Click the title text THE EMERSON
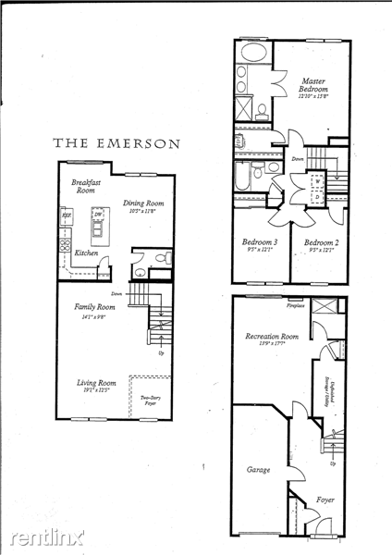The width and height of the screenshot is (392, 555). pos(117,143)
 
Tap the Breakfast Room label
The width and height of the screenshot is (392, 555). pos(85,186)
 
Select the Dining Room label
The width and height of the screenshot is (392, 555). pos(143,205)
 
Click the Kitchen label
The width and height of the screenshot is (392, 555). pos(87,253)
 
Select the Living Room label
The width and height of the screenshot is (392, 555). pos(95,386)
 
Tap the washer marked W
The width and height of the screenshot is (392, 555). pos(317,181)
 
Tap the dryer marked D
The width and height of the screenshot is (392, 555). pos(317,196)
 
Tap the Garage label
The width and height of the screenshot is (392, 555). pos(258,470)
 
